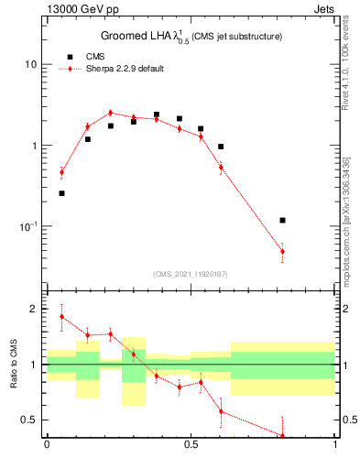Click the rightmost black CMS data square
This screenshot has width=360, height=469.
coord(282,221)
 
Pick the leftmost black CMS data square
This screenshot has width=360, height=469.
coord(61,193)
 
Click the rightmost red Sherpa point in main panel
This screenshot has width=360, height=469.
coord(282,251)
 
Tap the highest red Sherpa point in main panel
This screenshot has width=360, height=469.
coord(110,113)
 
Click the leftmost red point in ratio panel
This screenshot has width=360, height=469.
coord(61,317)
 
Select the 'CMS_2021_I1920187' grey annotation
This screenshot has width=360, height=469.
coord(191,274)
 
